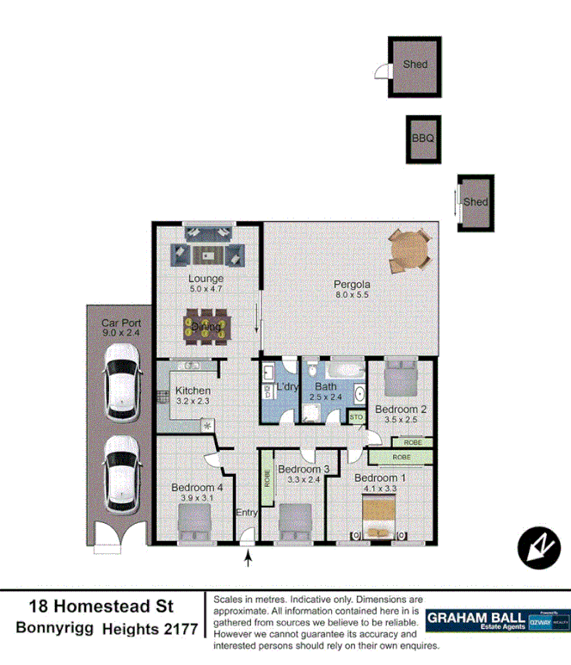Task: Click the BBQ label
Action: tap(423, 138)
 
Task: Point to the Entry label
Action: tap(247, 513)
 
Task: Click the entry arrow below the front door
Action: tap(249, 559)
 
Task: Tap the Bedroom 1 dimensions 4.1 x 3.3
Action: tap(375, 489)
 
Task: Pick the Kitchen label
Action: tap(193, 391)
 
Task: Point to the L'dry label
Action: tap(286, 387)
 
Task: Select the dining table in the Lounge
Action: tap(206, 327)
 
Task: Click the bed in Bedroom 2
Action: tap(400, 377)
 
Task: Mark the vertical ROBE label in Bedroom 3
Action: tap(267, 478)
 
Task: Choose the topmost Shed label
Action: tap(415, 65)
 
